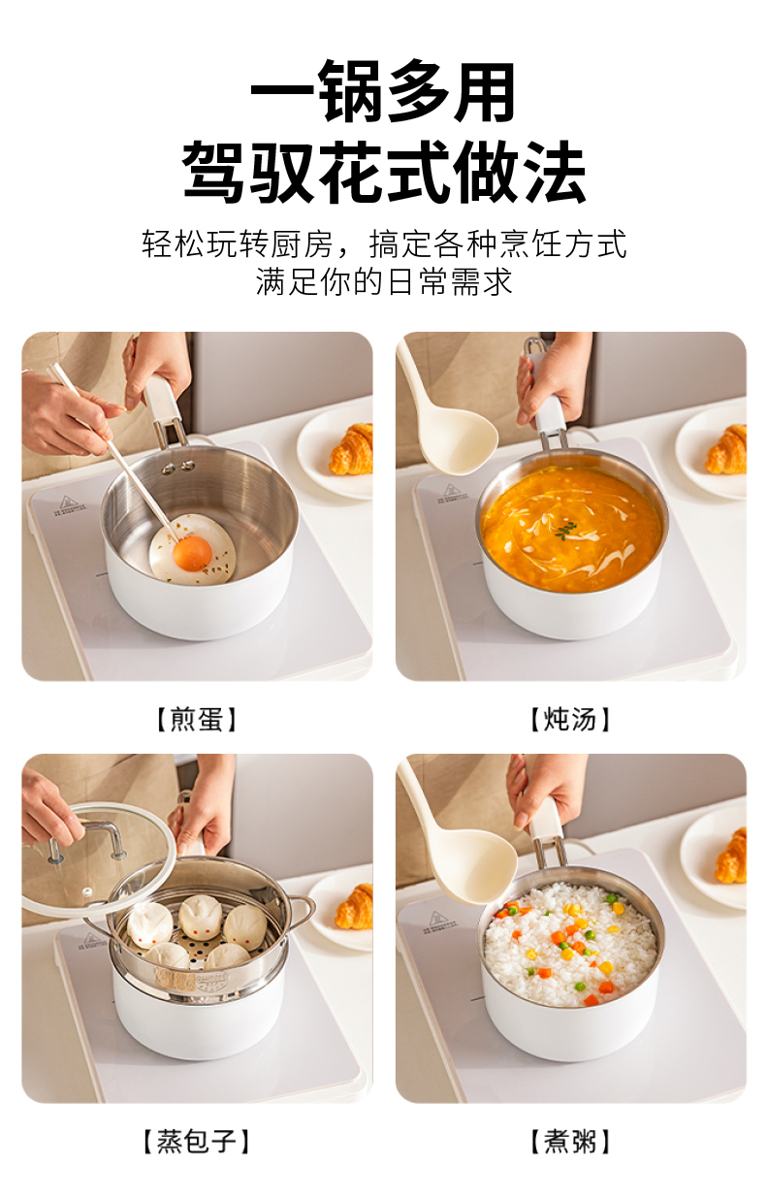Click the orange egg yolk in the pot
(x=193, y=554)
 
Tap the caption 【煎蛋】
(x=196, y=719)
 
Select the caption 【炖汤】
(x=570, y=719)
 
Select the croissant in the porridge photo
(x=731, y=856)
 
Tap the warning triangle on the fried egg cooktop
(x=65, y=502)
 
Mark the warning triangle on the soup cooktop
(x=451, y=489)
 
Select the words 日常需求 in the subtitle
(x=449, y=282)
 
